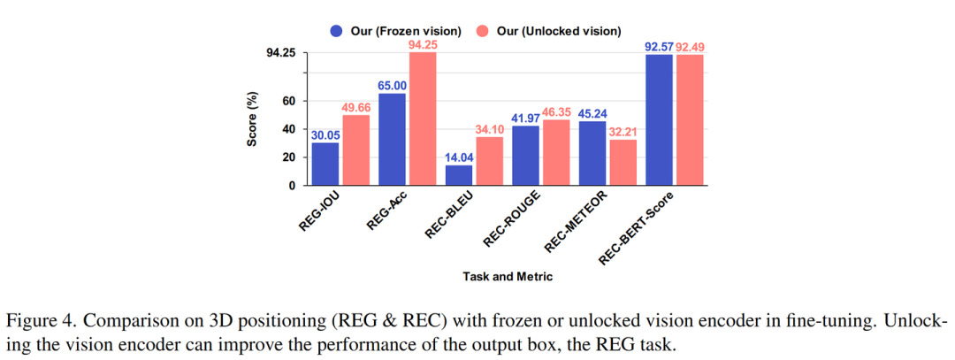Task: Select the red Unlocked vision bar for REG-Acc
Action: click(x=423, y=119)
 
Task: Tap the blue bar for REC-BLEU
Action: click(x=459, y=175)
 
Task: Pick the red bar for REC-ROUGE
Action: click(x=557, y=152)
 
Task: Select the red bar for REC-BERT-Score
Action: click(x=691, y=120)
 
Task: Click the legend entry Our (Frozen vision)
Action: click(x=395, y=31)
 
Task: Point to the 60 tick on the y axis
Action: click(x=288, y=101)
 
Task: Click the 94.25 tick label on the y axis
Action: click(x=282, y=53)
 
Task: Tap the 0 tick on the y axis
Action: click(x=292, y=186)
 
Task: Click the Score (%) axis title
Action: click(x=254, y=119)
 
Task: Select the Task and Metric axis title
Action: click(x=508, y=276)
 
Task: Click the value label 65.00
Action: click(x=392, y=85)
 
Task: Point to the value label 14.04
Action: click(x=459, y=157)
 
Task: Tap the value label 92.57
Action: click(x=660, y=46)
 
